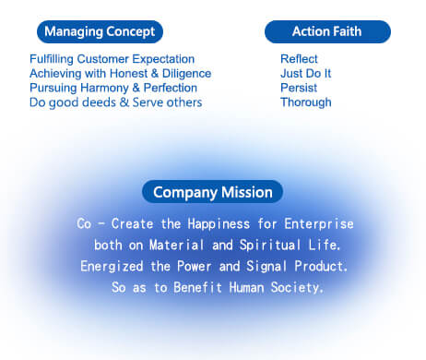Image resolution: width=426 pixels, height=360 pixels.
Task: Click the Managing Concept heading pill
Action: pos(100,32)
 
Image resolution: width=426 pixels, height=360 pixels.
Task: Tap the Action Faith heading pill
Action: pos(327,32)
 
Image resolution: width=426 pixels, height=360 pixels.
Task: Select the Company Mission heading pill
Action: pos(212,192)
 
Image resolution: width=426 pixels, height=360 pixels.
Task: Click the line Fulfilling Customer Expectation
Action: pos(112,59)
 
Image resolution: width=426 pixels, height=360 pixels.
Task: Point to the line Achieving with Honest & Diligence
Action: pos(120,73)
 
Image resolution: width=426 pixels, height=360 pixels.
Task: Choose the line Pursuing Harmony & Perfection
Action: pos(112,88)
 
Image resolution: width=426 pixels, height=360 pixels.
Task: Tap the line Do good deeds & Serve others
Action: pos(115,102)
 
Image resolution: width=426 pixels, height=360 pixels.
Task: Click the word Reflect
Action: pos(299,59)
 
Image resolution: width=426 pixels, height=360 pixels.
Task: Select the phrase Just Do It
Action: pos(305,73)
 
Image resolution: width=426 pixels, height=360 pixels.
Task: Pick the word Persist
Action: pos(298,88)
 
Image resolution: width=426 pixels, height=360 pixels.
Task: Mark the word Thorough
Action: pos(305,102)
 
